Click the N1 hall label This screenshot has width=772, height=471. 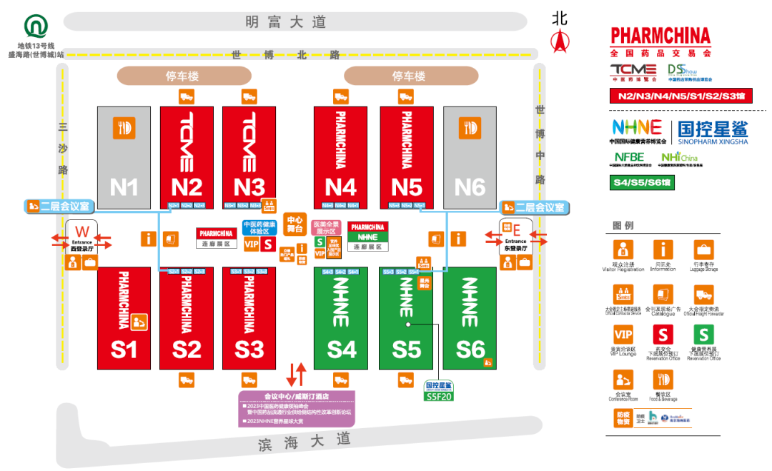pyautogui.click(x=124, y=187)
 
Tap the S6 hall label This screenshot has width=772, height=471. pyautogui.click(x=470, y=349)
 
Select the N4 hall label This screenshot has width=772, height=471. pyautogui.click(x=340, y=187)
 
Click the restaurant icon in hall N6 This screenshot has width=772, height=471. pyautogui.click(x=470, y=128)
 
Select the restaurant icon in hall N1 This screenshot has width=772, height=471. pyautogui.click(x=124, y=128)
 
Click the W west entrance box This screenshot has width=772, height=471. pyautogui.click(x=81, y=237)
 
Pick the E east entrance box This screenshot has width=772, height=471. pyautogui.click(x=515, y=237)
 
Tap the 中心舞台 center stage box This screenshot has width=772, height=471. pyautogui.click(x=295, y=224)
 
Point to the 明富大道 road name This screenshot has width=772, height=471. pyautogui.click(x=285, y=22)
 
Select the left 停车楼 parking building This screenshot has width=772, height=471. pyautogui.click(x=184, y=76)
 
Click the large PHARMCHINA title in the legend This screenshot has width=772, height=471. pyautogui.click(x=660, y=36)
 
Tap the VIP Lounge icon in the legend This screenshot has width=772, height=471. pyautogui.click(x=623, y=334)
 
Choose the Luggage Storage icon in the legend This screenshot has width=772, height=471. pyautogui.click(x=703, y=250)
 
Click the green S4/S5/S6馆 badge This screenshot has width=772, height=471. pyautogui.click(x=643, y=183)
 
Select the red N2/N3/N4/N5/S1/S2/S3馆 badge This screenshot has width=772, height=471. pyautogui.click(x=681, y=96)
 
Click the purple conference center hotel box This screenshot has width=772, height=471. pyautogui.click(x=296, y=409)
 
